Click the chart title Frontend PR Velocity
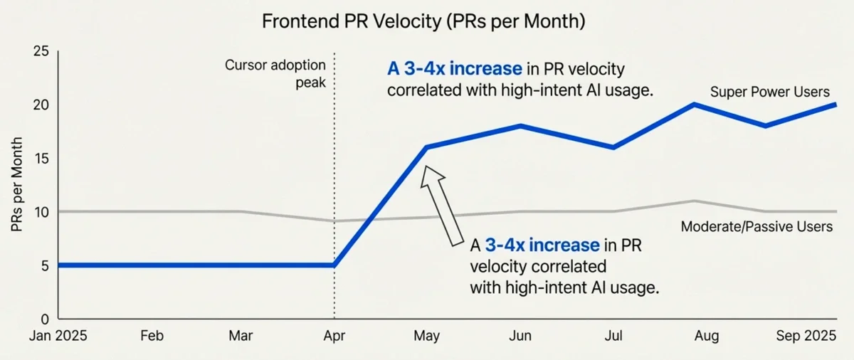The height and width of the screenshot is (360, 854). pos(423,21)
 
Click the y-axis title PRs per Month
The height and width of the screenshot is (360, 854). pos(18,186)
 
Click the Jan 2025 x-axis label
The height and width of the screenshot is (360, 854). pos(58,336)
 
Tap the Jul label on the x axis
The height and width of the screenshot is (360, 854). pos(613,336)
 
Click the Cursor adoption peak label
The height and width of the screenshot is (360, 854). pos(275,73)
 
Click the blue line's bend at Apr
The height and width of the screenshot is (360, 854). pos(334,265)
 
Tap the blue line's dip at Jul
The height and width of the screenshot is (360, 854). pos(613,147)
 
